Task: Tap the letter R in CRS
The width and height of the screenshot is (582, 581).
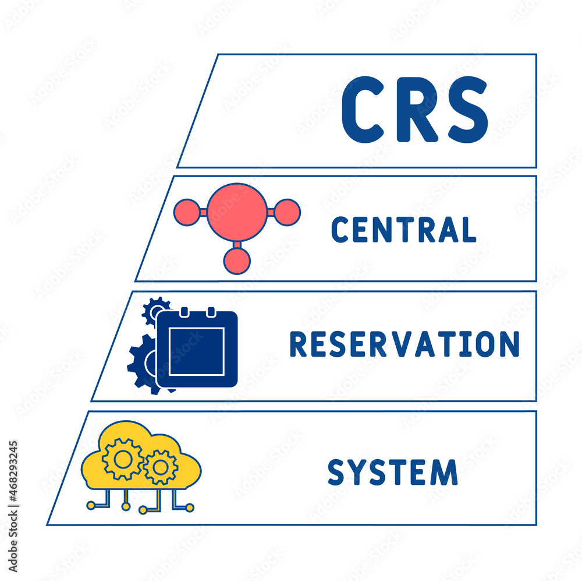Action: tap(414, 110)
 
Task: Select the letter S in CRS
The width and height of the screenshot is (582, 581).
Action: tap(464, 110)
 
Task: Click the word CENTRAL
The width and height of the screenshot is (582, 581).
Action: tap(403, 229)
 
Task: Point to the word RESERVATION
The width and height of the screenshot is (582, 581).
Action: tap(404, 344)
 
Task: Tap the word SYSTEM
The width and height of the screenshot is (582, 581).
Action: tap(392, 472)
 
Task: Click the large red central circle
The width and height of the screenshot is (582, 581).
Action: tap(237, 212)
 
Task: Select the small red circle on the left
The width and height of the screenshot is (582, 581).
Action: tap(187, 212)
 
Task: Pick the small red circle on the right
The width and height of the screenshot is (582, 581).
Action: tap(287, 212)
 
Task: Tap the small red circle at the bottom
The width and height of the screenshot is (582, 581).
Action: tap(237, 260)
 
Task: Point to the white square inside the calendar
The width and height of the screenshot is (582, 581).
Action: tap(197, 351)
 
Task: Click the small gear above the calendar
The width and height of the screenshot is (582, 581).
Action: tap(155, 308)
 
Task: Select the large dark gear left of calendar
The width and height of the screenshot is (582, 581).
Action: tap(140, 364)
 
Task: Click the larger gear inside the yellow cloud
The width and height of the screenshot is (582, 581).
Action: tap(123, 460)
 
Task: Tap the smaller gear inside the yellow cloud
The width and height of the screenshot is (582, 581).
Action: tap(161, 467)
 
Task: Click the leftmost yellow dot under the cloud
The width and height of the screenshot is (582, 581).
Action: tap(91, 506)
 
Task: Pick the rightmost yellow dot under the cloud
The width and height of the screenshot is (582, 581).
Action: tap(189, 508)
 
